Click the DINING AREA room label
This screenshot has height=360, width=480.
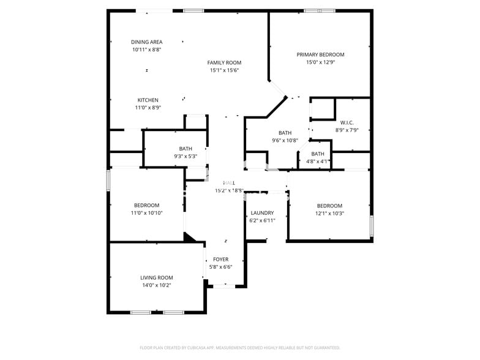point(147,42)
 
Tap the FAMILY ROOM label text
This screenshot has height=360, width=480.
point(224,62)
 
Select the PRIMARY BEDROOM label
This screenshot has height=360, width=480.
point(321,54)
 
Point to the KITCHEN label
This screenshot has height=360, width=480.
point(148,100)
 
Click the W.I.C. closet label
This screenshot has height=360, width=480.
point(347,122)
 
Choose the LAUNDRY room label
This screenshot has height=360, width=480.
point(263,213)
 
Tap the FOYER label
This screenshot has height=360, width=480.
point(220,260)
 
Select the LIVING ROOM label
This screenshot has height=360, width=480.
point(157,277)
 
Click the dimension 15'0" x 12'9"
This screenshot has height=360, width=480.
point(321,62)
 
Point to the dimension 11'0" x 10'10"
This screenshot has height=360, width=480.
point(147,213)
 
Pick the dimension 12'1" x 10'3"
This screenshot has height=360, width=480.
point(329,213)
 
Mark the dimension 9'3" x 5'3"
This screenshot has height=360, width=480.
point(186,156)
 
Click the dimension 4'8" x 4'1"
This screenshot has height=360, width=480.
point(318,162)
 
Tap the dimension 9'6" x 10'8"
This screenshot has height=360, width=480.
point(285,140)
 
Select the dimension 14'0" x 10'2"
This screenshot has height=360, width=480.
point(157,285)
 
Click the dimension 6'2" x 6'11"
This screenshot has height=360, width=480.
point(263,220)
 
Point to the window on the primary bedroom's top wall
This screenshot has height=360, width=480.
point(320,10)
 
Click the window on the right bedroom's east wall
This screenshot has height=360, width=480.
point(371,226)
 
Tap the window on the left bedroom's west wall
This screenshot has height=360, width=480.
point(108,180)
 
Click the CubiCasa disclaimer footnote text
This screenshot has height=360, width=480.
point(240,348)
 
